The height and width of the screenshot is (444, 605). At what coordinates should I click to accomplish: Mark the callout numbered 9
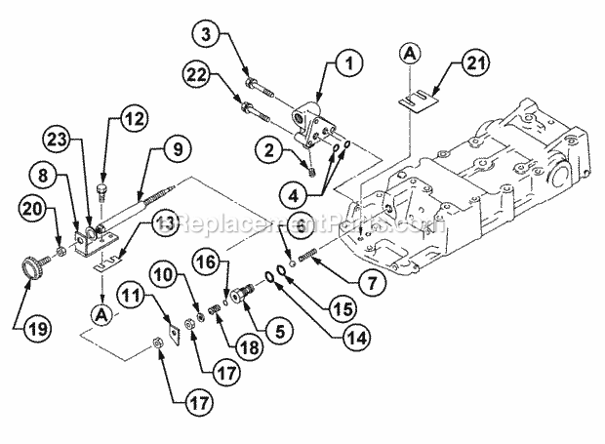177,150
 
